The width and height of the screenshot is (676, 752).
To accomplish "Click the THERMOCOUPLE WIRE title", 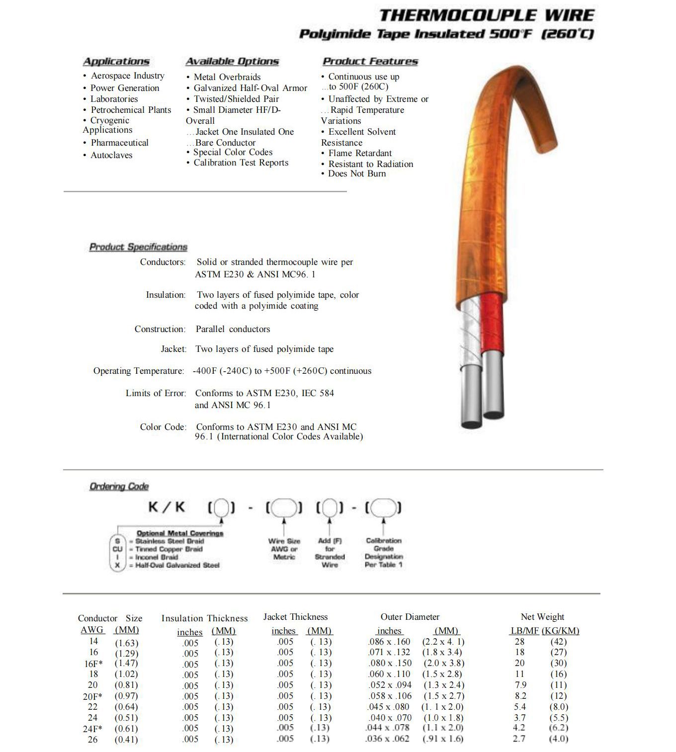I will (x=486, y=15).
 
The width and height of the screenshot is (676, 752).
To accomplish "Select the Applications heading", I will (x=116, y=62).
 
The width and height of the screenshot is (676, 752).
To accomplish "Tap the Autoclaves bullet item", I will (x=111, y=155).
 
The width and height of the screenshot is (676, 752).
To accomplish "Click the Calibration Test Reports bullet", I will (x=241, y=163).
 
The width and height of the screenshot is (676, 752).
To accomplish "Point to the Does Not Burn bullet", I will (x=356, y=173).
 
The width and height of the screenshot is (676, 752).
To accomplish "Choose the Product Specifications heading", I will (x=138, y=247).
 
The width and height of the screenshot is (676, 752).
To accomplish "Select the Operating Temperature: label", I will (x=139, y=371).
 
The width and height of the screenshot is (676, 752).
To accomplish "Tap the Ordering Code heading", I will (x=119, y=487).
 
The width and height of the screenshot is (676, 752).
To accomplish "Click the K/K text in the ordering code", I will (x=167, y=507).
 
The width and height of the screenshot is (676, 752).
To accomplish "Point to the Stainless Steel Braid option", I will (x=169, y=541).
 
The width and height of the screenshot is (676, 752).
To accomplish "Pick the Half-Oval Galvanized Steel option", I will (x=177, y=565).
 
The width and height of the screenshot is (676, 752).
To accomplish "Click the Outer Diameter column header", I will (x=410, y=617).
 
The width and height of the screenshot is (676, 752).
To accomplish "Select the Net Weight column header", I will (x=542, y=617).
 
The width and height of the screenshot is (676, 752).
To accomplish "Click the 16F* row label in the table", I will (x=93, y=664).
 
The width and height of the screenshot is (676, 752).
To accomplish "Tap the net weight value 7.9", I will (x=520, y=685).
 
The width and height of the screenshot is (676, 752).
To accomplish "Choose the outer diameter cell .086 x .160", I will (x=389, y=642).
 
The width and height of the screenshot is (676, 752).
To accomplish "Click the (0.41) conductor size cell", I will (x=126, y=740).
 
